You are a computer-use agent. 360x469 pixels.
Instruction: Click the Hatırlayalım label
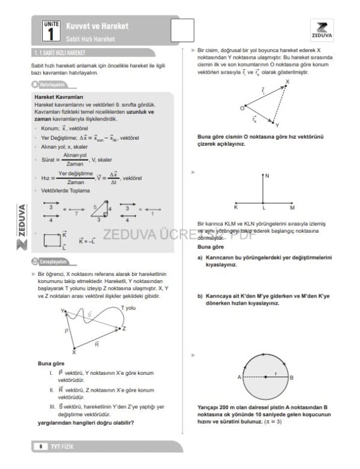pyautogui.click(x=51, y=85)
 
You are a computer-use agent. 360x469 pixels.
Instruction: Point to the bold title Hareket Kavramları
pyautogui.click(x=59, y=97)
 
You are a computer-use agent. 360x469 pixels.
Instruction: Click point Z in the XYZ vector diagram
pyautogui.click(x=124, y=328)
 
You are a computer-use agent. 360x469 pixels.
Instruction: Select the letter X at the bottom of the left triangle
pyautogui.click(x=74, y=353)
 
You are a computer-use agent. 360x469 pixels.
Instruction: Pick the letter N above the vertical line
pyautogui.click(x=267, y=176)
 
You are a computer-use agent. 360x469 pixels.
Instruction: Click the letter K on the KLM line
pyautogui.click(x=236, y=208)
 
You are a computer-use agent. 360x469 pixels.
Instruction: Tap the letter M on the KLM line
pyautogui.click(x=292, y=208)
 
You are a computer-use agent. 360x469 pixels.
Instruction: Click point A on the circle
pyautogui.click(x=239, y=377)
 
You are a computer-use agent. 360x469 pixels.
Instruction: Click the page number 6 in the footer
pyautogui.click(x=41, y=446)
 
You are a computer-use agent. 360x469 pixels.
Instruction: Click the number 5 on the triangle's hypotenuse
pyautogui.click(x=94, y=206)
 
